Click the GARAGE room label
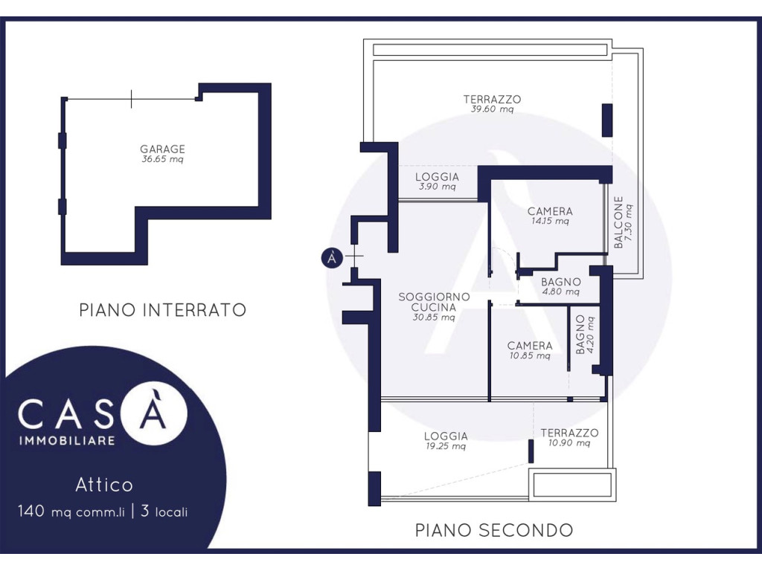point(162,149)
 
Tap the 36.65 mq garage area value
point(162,159)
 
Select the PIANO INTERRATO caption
point(163,310)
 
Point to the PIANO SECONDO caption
point(494,529)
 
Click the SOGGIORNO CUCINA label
point(434,302)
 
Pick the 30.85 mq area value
point(434,317)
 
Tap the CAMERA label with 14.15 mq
point(550,211)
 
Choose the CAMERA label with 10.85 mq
point(530,346)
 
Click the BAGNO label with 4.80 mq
point(561,282)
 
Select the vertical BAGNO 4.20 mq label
point(585,335)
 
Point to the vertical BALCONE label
point(618,222)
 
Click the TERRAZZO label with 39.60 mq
point(493,99)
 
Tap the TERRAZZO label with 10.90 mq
point(569,433)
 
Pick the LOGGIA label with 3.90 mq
point(438,177)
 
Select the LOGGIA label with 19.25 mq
point(446,436)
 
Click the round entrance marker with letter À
point(333,257)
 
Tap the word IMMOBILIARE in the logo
point(67,440)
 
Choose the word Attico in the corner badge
point(104,485)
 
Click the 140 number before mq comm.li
point(31,511)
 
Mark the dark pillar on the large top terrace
point(607,120)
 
